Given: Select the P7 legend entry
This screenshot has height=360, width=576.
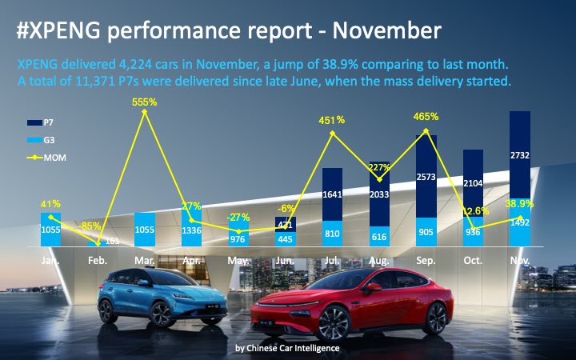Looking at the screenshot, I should [48, 122].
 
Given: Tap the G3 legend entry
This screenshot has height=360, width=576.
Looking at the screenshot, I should [48, 140].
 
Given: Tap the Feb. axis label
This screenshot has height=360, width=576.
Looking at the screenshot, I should [98, 261].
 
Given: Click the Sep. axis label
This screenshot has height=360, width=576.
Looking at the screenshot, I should [426, 261].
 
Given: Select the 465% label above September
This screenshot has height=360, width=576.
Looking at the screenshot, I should [426, 117].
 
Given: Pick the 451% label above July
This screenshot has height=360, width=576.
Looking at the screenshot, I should [332, 120].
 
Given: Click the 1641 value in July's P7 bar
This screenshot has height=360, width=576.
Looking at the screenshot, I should [332, 194].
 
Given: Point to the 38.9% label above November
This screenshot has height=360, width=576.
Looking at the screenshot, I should [520, 205].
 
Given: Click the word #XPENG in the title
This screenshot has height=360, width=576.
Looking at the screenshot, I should [57, 30].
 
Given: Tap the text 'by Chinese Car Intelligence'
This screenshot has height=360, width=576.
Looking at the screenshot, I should [287, 348].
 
